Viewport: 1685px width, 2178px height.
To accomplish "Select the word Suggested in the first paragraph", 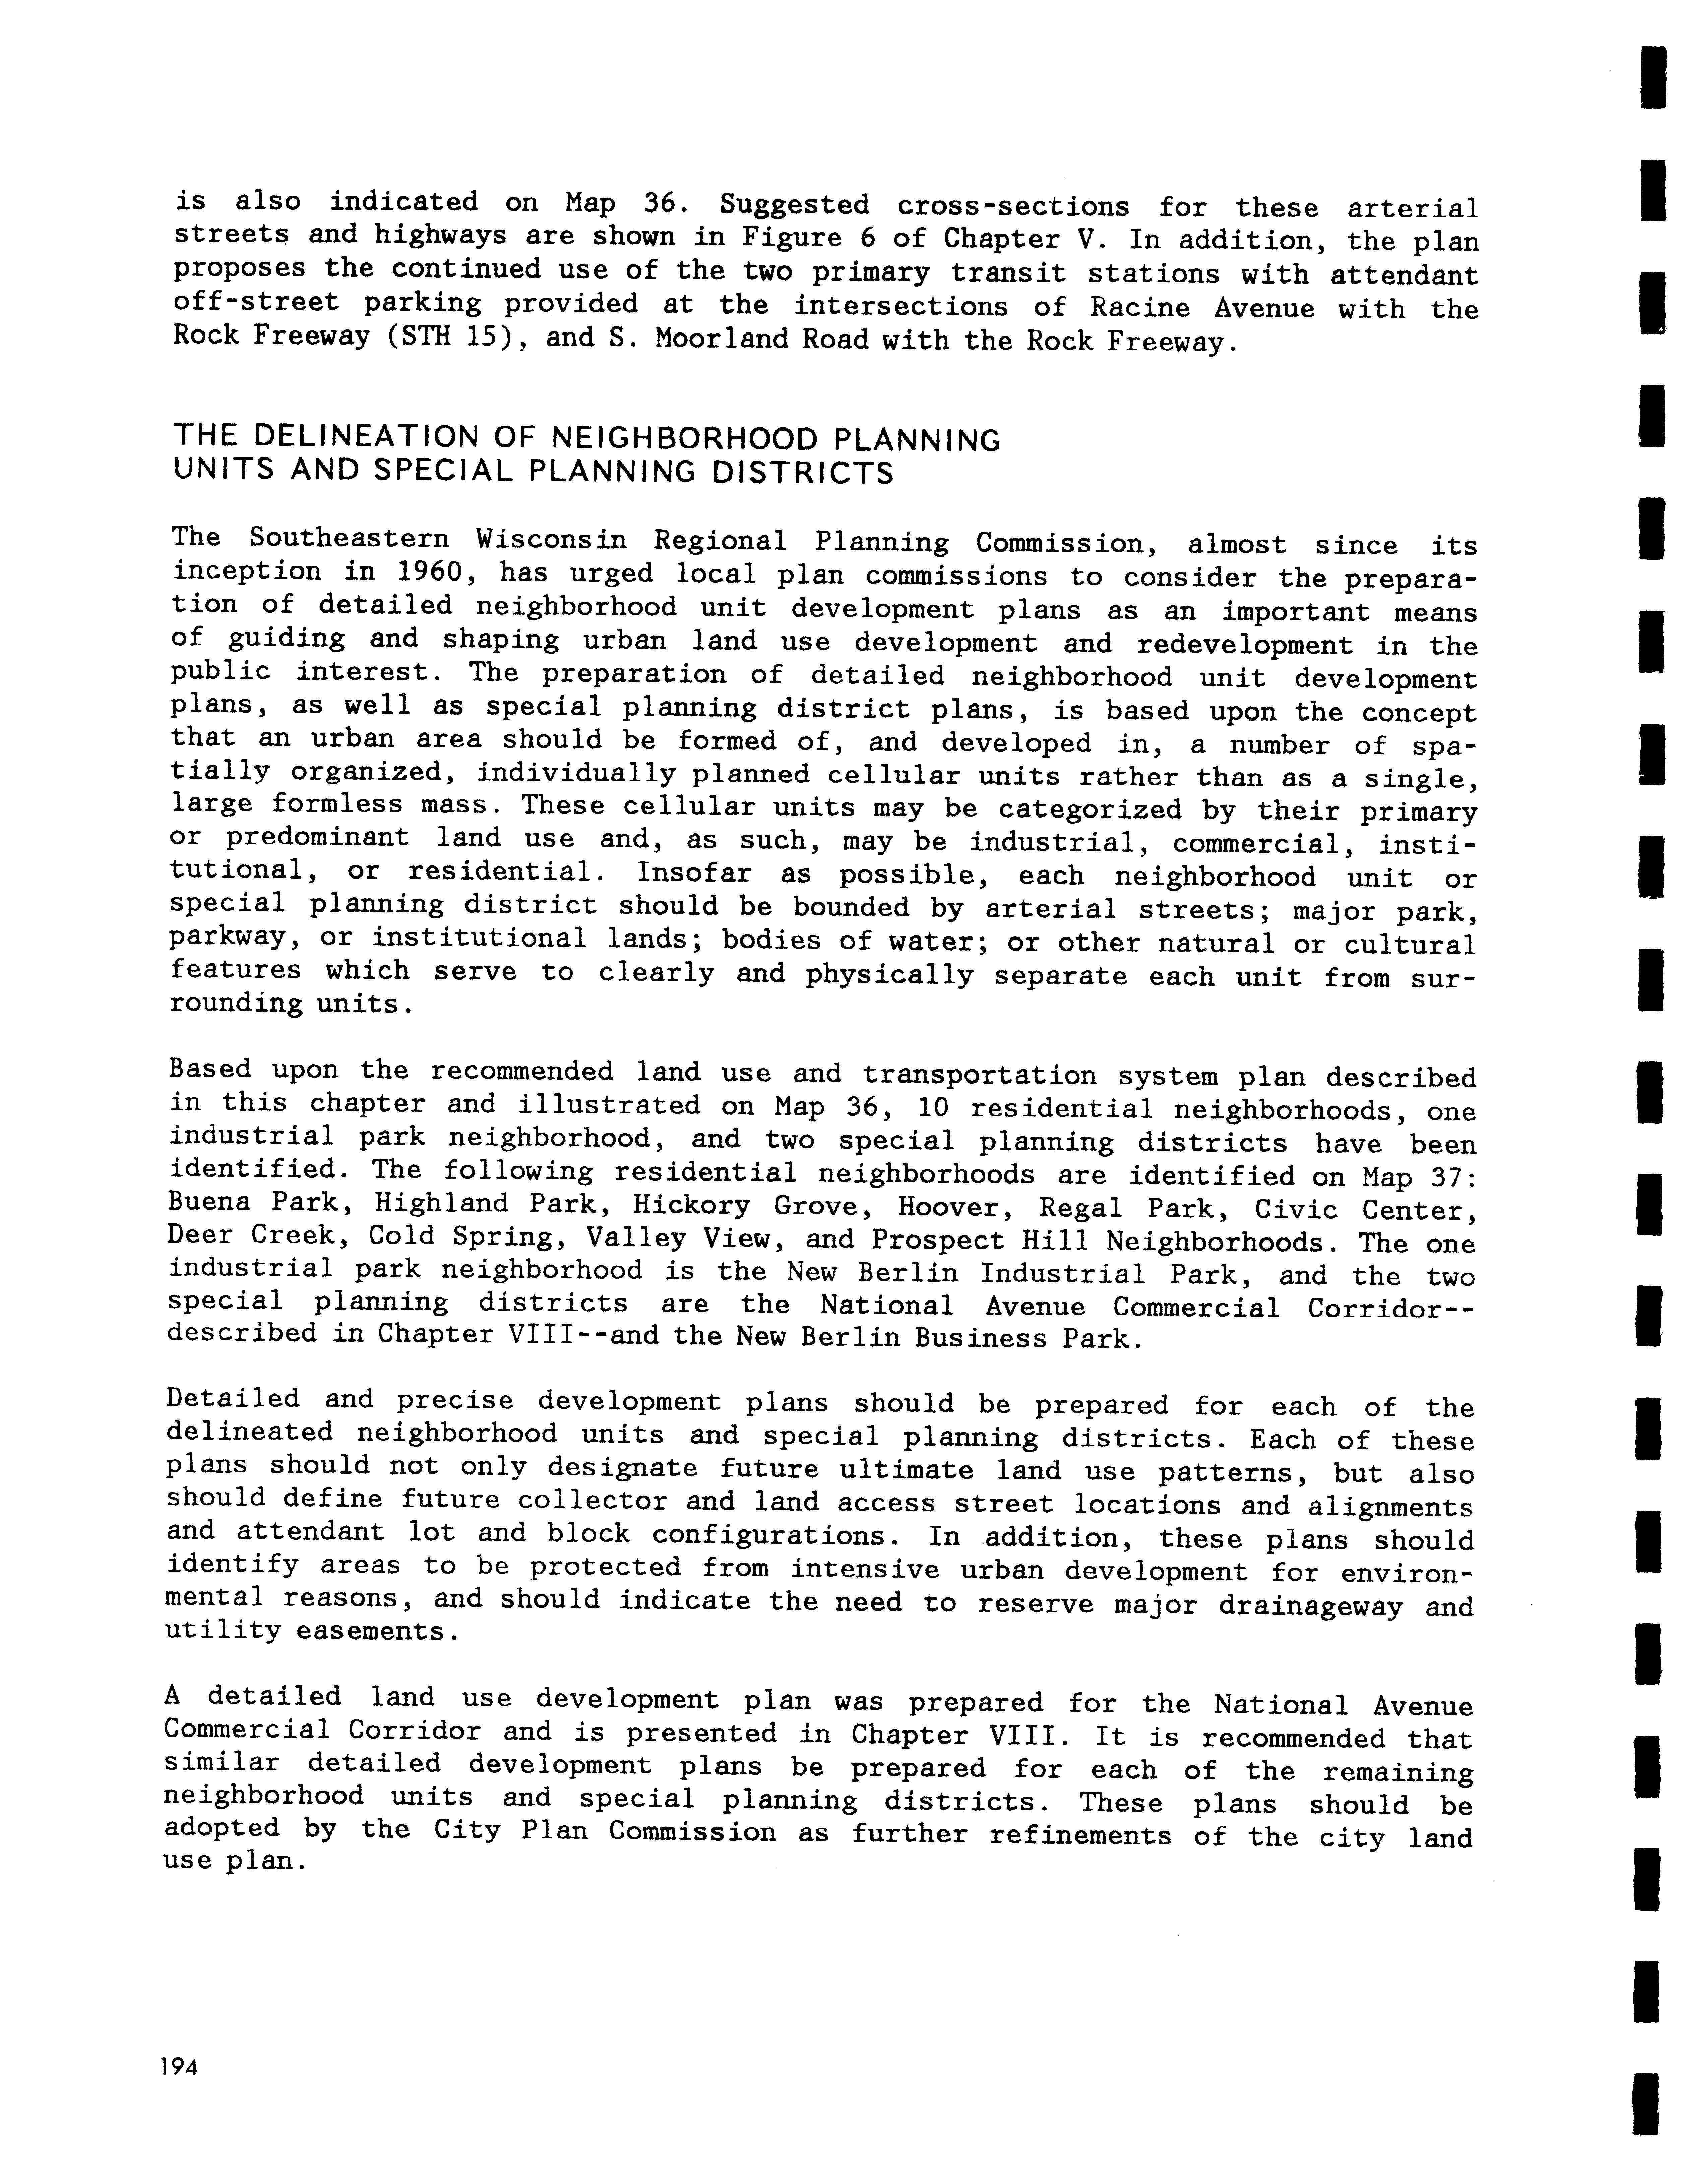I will point(794,205).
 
